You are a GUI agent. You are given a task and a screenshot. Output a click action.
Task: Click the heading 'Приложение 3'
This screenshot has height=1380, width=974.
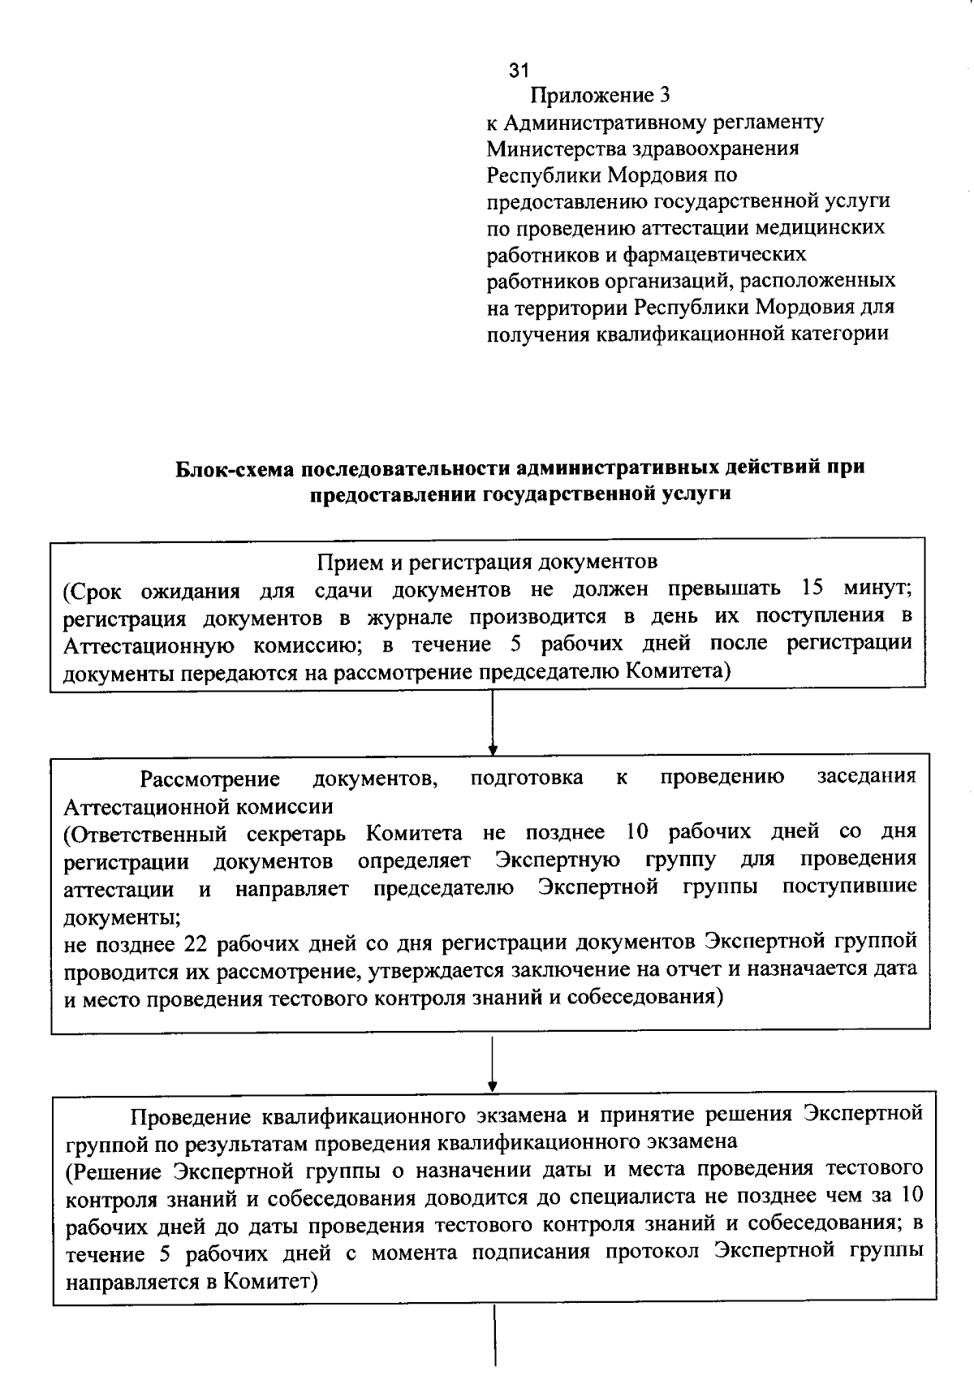click(601, 96)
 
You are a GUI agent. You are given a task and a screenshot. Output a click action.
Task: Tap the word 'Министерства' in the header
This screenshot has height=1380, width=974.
click(553, 149)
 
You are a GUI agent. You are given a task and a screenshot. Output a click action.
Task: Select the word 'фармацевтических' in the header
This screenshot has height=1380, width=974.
click(714, 255)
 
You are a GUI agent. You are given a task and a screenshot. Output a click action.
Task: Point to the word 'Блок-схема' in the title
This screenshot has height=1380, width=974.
click(235, 468)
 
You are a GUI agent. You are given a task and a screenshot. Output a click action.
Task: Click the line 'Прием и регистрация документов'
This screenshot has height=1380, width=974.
click(487, 562)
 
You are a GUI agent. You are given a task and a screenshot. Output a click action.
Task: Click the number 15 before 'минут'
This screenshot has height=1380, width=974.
click(812, 589)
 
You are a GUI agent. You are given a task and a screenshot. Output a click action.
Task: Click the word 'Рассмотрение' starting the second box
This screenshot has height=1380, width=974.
click(210, 779)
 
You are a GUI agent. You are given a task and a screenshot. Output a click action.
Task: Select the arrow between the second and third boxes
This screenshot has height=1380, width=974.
click(493, 1063)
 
